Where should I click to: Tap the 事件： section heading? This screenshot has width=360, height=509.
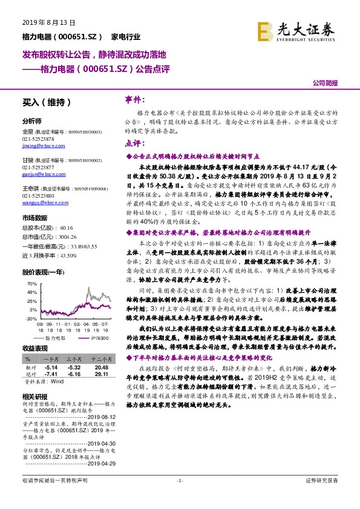(134, 99)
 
